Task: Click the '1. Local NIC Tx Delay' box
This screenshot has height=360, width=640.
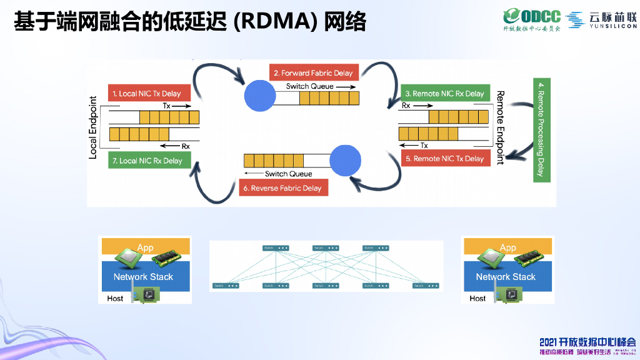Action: [146, 94]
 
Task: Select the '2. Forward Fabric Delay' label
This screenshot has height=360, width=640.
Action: [313, 73]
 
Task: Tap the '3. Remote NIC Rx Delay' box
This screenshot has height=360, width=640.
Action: [444, 94]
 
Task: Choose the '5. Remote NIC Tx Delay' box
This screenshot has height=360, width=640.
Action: [444, 159]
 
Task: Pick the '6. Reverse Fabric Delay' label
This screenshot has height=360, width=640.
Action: [283, 187]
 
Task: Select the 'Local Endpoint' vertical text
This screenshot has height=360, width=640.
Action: [93, 127]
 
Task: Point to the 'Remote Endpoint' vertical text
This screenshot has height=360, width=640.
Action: [500, 127]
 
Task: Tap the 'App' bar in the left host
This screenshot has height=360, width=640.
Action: [145, 247]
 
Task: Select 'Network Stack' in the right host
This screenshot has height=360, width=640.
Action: [506, 276]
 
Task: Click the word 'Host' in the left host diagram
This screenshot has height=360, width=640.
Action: [115, 298]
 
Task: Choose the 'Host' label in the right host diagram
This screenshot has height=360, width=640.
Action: [477, 298]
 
